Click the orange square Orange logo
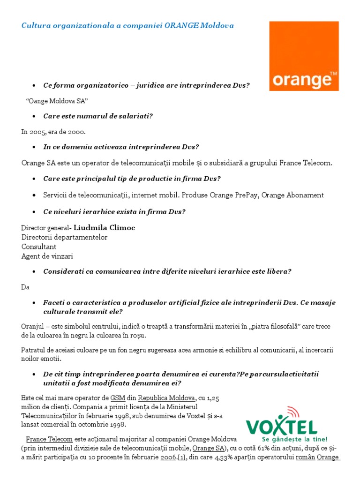pyautogui.click(x=304, y=56)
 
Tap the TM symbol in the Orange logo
pyautogui.click(x=333, y=74)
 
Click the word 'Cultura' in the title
pyautogui.click(x=35, y=25)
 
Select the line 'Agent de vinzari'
pyautogui.click(x=47, y=256)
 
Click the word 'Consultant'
pyautogui.click(x=39, y=247)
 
